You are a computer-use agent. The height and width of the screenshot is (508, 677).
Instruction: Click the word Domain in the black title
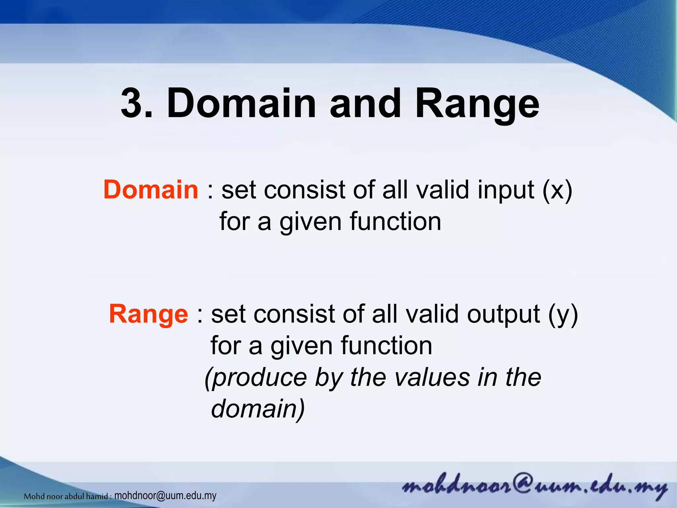[x=241, y=103]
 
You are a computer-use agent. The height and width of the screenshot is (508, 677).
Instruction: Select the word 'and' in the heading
[x=365, y=103]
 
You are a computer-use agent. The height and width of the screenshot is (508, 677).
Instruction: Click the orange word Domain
[x=151, y=190]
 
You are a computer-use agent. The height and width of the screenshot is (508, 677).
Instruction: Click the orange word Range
[x=148, y=314]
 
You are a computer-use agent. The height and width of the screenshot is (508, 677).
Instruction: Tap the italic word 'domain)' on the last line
[x=258, y=409]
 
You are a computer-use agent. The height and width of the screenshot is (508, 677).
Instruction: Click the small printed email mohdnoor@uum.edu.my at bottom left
[x=165, y=496]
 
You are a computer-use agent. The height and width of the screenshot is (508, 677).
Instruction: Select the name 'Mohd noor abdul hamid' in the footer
[x=66, y=496]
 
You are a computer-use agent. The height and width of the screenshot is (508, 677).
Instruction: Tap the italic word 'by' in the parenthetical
[x=329, y=378]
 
